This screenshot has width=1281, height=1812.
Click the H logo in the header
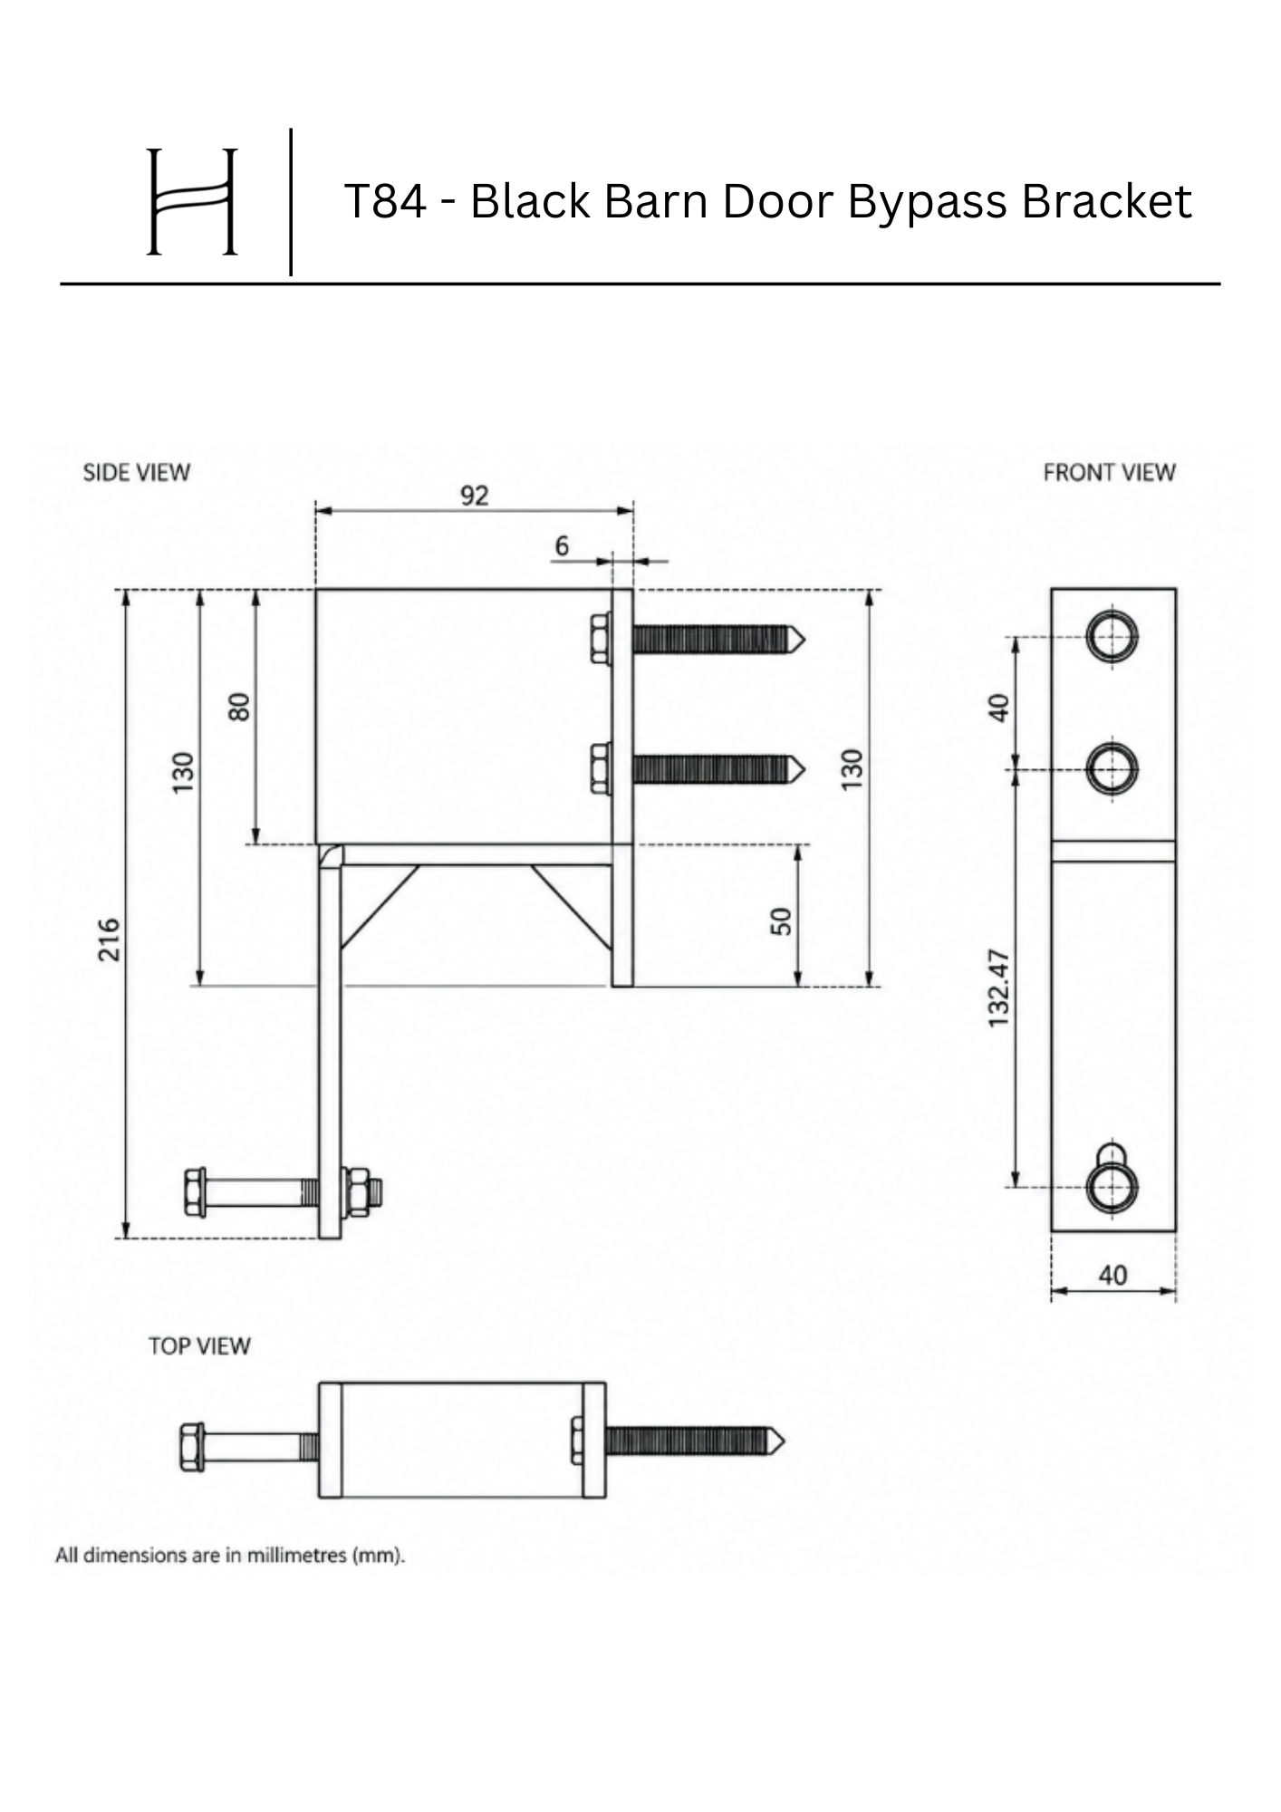pos(192,201)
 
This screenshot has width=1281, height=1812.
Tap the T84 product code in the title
pos(385,201)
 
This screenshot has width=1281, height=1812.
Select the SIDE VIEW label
pos(137,473)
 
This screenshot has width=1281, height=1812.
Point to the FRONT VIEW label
pos(1109,473)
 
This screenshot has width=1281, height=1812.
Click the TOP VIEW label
pos(199,1346)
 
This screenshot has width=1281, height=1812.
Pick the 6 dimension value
pos(562,545)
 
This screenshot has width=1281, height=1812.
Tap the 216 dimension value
pos(109,940)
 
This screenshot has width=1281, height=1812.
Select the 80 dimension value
pos(239,706)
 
